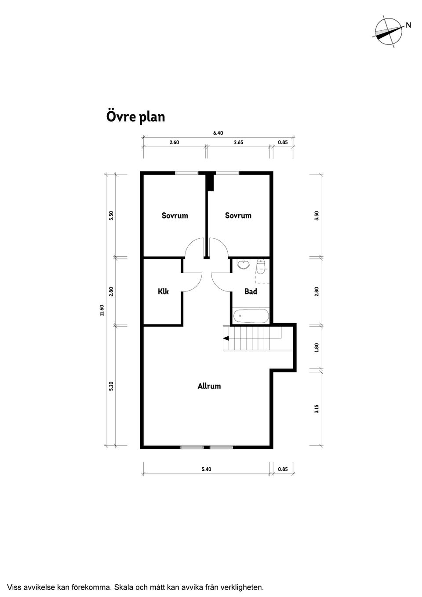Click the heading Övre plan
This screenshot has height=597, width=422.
(135, 117)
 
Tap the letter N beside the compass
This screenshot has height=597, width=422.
(408, 25)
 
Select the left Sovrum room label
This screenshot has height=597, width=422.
(175, 215)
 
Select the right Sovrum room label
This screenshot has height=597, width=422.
(238, 215)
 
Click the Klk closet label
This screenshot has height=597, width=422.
(163, 291)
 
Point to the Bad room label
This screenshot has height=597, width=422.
(251, 291)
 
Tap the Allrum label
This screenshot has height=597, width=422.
(209, 386)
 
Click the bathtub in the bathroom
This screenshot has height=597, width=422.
(251, 315)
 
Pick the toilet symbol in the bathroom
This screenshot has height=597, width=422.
(261, 266)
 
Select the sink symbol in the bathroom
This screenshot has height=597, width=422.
(242, 264)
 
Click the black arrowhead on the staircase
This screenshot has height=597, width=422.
(226, 338)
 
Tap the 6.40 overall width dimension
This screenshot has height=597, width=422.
(218, 133)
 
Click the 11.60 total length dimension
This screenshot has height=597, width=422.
(102, 310)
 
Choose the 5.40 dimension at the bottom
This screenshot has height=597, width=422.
(206, 469)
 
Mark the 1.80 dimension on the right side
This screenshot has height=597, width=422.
(316, 347)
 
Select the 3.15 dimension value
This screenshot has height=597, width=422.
(316, 409)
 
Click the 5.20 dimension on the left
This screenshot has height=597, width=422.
(112, 386)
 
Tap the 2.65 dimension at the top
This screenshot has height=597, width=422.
(239, 142)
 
